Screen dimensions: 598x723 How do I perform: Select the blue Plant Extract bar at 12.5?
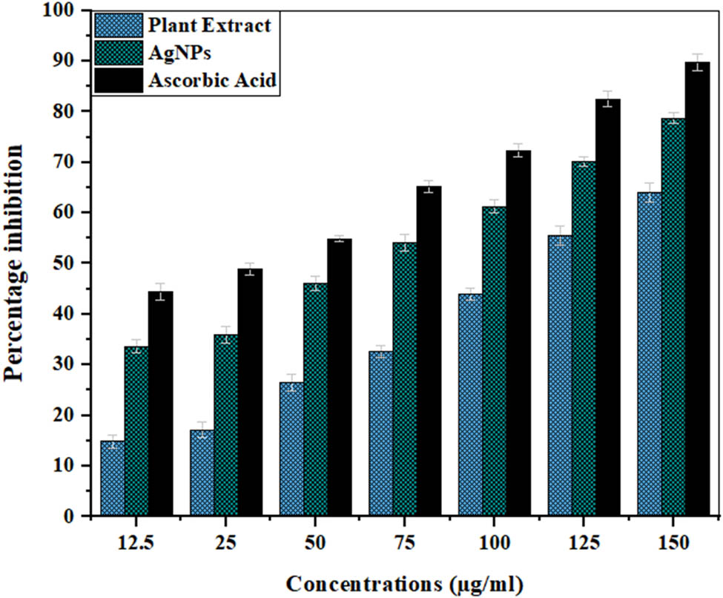click(x=112, y=479)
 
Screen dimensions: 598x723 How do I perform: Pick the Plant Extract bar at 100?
click(x=470, y=404)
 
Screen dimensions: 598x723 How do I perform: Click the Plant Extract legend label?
click(x=210, y=27)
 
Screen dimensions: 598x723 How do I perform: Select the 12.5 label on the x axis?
click(x=136, y=544)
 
